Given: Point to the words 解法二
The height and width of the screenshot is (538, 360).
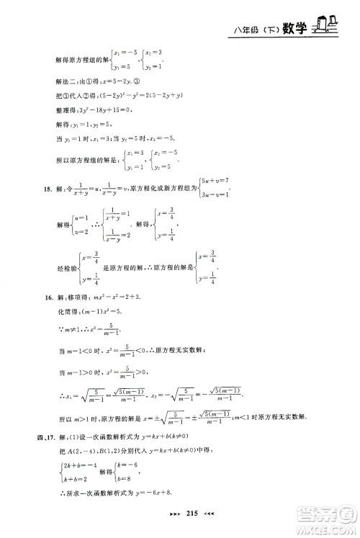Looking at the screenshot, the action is (66, 81).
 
